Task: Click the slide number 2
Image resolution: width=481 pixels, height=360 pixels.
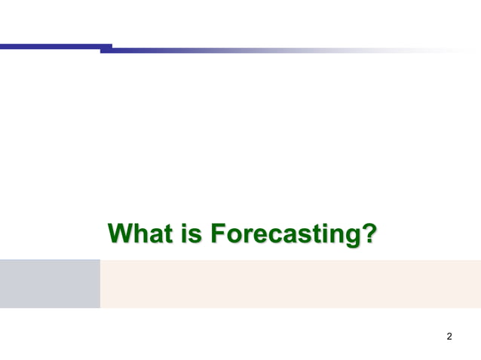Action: tap(449, 336)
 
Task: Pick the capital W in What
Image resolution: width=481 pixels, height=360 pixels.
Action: tap(122, 233)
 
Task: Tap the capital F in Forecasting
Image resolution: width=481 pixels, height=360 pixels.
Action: tap(217, 233)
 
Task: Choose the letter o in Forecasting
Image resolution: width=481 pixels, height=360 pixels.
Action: tap(233, 236)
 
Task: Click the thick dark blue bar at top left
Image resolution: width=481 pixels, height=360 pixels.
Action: tap(53, 47)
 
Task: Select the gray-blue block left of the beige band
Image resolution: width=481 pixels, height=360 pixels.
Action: tap(50, 283)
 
